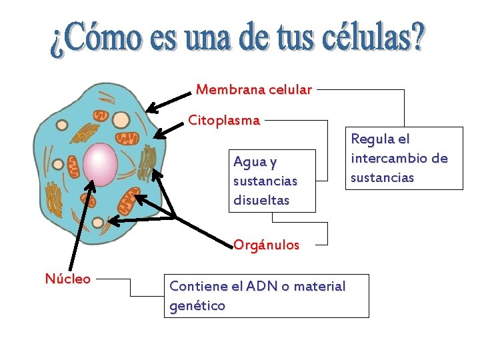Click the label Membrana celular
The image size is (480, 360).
pos(254,89)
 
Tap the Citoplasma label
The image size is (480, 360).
pos(224,121)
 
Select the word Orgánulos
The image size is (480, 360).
pos(266,245)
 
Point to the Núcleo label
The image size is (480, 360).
pos(67,279)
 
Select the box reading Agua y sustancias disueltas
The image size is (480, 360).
pos(272,181)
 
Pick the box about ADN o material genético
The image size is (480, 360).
pos(266,296)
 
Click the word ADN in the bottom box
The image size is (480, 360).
pos(262,287)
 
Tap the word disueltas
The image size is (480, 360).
pos(261,200)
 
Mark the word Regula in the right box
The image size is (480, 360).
pos(371,139)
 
